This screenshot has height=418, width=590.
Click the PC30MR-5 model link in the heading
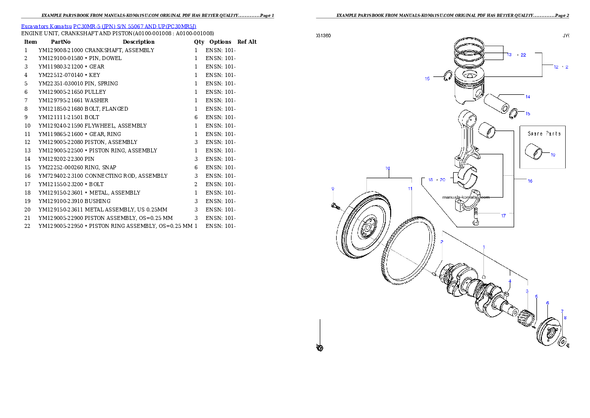pos(135,26)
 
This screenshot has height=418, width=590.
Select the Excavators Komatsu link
pos(46,26)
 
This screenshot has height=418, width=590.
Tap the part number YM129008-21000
pos(60,50)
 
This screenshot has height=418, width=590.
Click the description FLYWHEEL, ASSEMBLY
pos(116,126)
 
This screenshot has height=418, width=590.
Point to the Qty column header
pos(199,42)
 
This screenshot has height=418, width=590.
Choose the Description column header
pos(138,42)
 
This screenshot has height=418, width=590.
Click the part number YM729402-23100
pos(60,176)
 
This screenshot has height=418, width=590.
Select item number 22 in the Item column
pos(27,226)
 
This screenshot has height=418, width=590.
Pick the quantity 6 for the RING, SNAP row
pos(196,167)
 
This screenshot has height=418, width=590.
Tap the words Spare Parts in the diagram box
pos(544,134)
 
